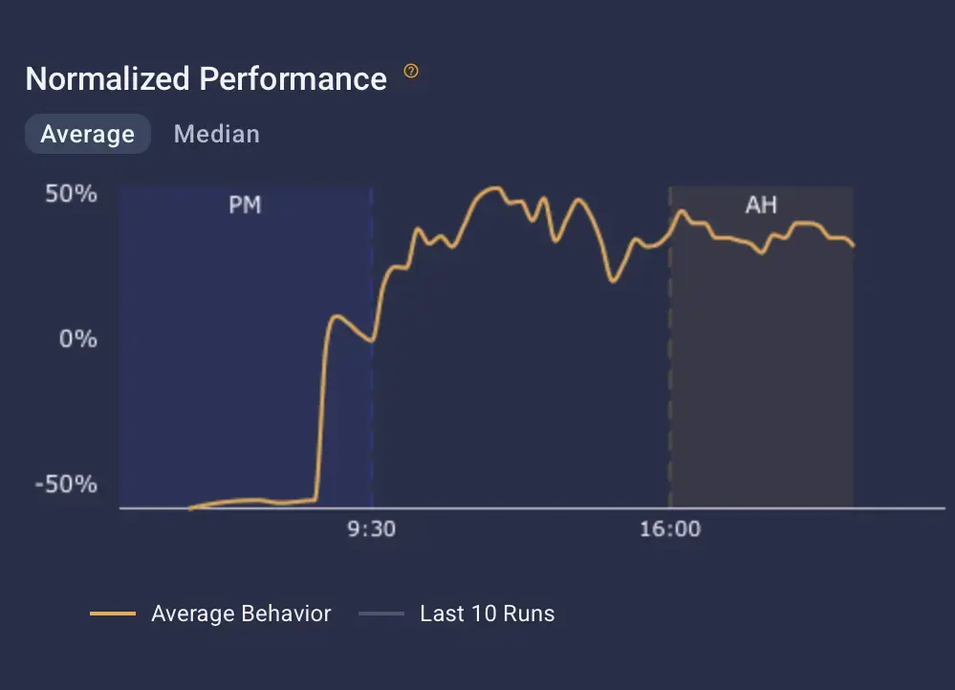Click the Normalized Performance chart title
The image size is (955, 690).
coord(206,78)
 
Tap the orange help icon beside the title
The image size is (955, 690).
coord(411,72)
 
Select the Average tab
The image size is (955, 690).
coord(87,134)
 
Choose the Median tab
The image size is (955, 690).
coord(216,134)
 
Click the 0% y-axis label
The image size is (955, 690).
coord(78,339)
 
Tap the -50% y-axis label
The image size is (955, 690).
coord(67,484)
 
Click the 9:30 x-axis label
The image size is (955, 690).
coord(371,529)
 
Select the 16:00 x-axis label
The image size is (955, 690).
coord(669,529)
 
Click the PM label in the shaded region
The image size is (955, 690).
coord(245,205)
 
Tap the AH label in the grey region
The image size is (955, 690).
coord(761,205)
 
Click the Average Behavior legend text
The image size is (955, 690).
coord(241,614)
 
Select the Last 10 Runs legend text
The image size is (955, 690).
coord(487,614)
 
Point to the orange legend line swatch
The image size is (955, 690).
coord(113,614)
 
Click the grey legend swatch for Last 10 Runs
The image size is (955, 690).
coord(381,614)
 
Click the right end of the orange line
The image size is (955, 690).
coord(853,246)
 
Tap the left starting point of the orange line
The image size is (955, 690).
coord(189,508)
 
